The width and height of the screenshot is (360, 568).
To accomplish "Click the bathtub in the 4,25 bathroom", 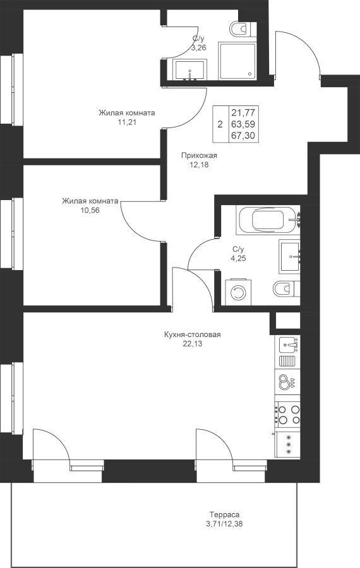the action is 268,220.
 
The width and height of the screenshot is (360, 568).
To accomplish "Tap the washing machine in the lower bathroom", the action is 238,292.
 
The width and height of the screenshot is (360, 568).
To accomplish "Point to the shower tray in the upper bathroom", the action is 237,61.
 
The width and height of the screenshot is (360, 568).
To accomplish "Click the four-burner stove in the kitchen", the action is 287,415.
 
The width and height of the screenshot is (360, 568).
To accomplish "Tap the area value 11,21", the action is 127,122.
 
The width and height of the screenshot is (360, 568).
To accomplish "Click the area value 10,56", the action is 90,210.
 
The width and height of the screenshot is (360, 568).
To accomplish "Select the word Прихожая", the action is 199,156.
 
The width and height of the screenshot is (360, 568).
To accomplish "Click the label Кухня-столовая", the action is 192,334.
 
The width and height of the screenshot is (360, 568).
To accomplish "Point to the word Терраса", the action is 224,514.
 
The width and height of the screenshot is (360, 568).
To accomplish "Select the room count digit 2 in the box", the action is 220,125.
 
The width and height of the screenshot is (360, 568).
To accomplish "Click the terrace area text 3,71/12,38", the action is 224,523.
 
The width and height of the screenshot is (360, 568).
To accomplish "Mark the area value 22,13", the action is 193,344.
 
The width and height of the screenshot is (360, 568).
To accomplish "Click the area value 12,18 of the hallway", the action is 199,165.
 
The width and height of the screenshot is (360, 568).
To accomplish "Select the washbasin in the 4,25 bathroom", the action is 290,256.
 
